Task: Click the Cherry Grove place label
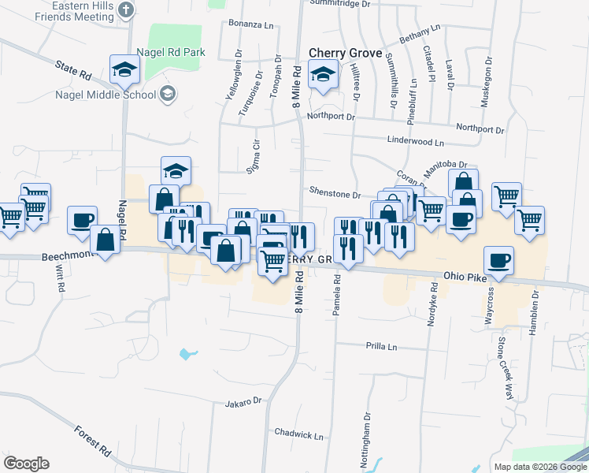[x=345, y=53]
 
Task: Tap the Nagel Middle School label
[x=106, y=95]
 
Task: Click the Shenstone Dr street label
[x=335, y=194]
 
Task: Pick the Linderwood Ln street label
[x=416, y=143]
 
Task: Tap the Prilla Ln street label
[x=381, y=346]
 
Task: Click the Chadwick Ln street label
[x=299, y=434]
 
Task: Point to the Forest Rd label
[x=93, y=441]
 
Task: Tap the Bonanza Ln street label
[x=251, y=24]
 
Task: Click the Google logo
[x=26, y=463]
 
